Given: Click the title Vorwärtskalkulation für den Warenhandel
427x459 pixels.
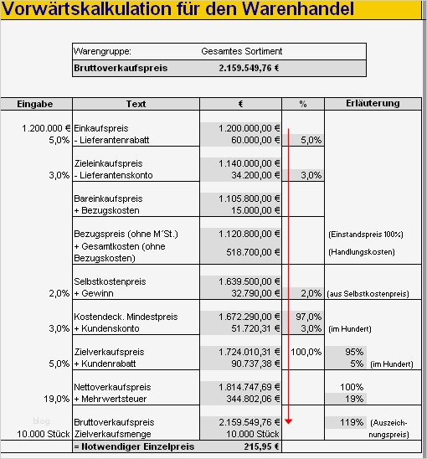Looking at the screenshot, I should pos(177,10).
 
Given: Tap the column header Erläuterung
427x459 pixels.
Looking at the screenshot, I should pos(373,104).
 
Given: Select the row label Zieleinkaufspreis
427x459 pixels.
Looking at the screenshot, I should pos(109,163).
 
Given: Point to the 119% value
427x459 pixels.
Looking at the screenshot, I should pos(352,423).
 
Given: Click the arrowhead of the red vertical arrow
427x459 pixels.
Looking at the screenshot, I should pos(288,420).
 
